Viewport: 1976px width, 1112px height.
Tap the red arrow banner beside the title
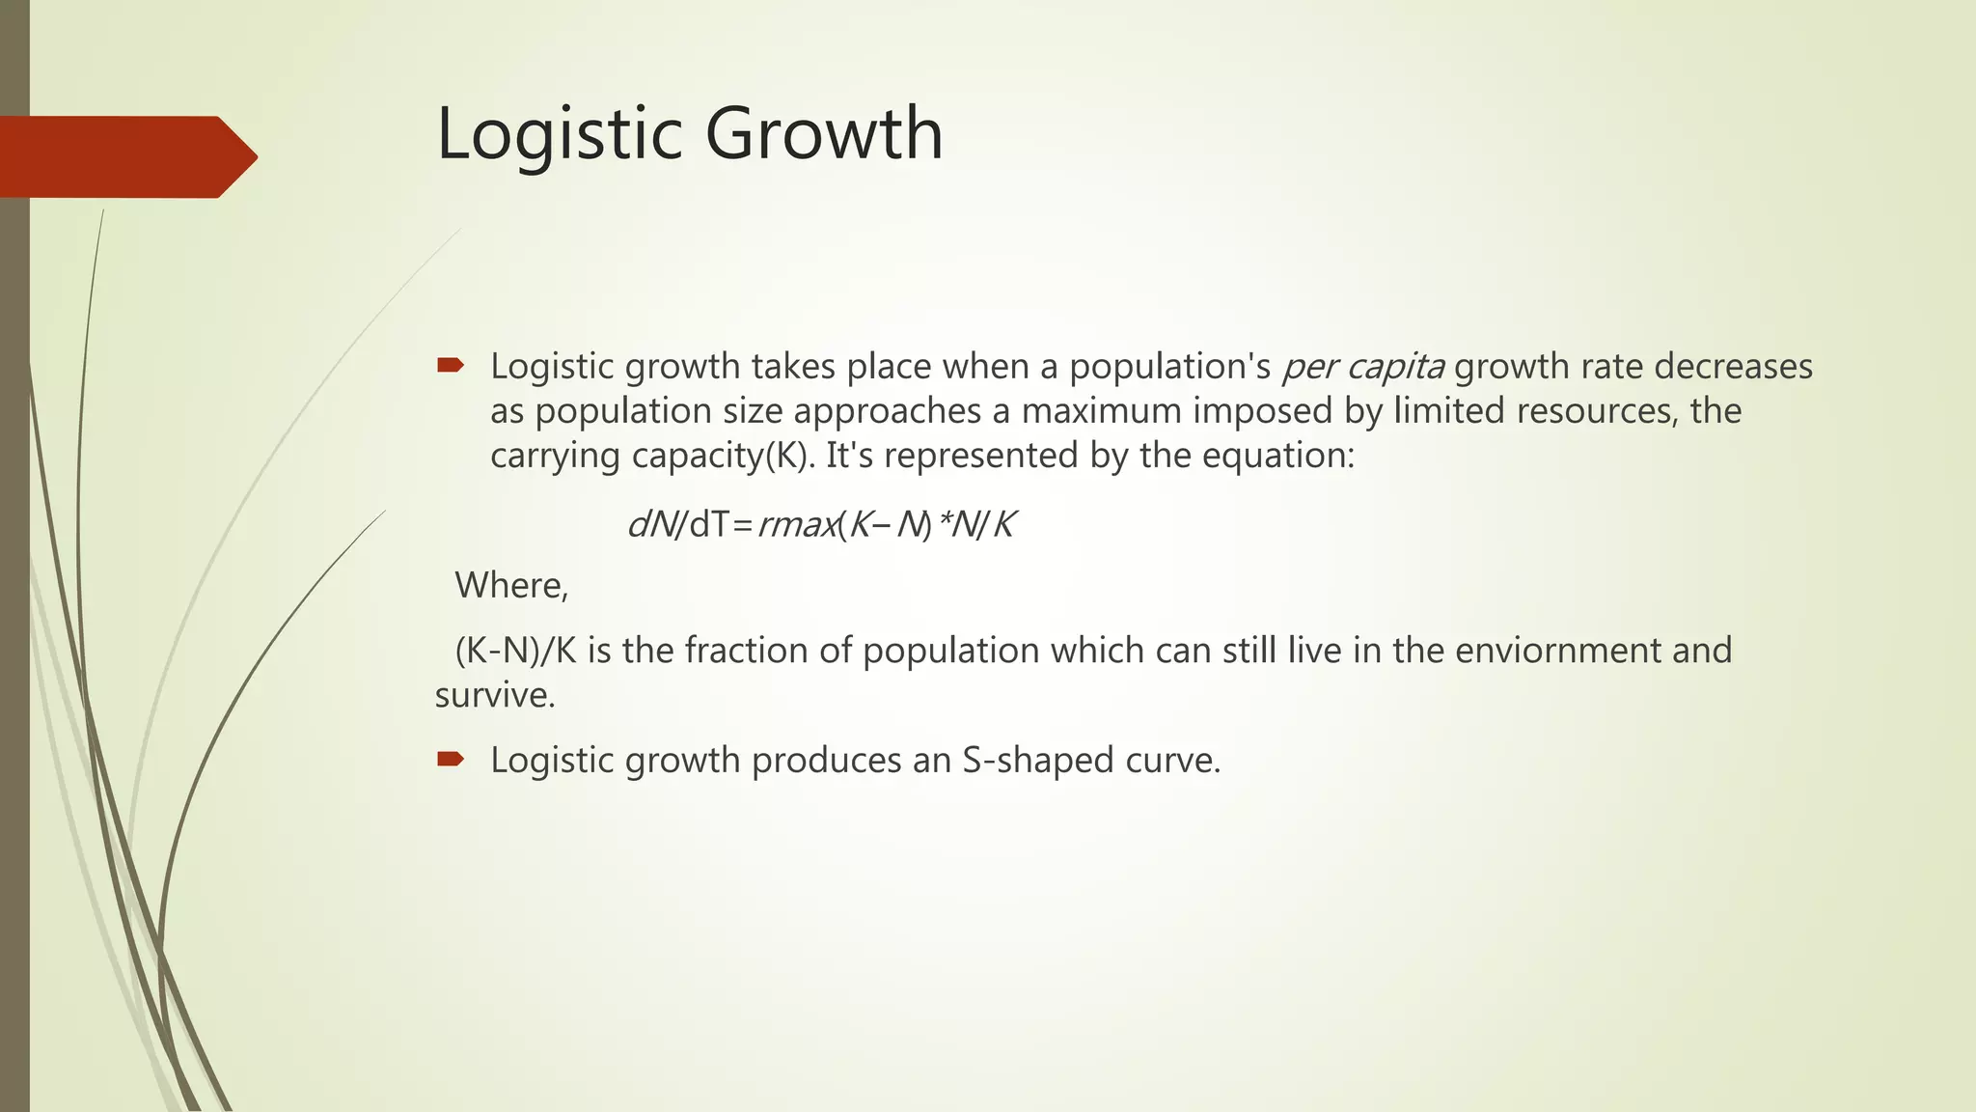125,156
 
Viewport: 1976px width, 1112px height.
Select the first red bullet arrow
450,365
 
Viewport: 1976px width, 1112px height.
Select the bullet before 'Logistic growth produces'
450,759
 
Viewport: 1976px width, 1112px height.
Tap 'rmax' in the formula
797,525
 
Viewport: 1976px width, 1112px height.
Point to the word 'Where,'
511,586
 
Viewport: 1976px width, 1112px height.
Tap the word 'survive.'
495,695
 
